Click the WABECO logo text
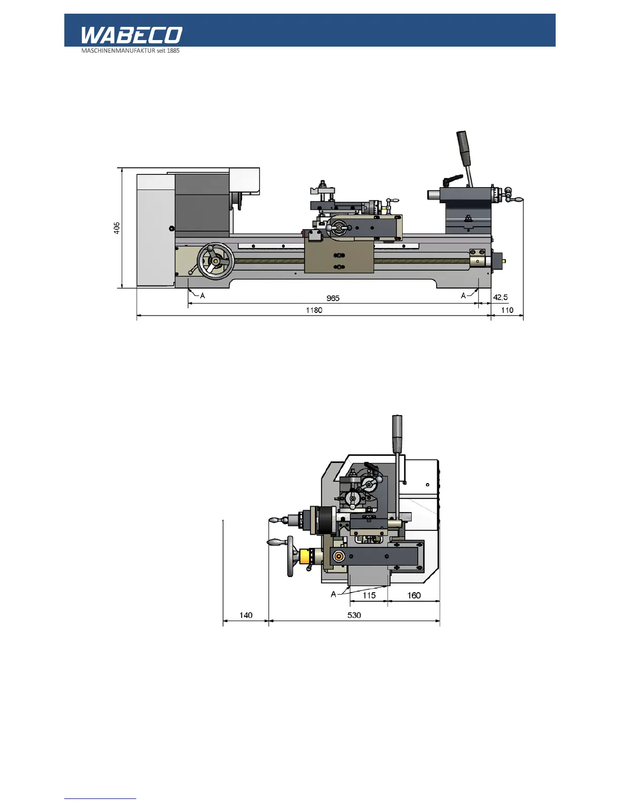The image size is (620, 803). coord(131,35)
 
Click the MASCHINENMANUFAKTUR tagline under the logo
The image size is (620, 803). coord(130,51)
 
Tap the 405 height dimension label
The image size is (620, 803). coord(117,228)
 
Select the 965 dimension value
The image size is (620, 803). coord(333,298)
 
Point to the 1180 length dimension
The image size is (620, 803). coord(314,310)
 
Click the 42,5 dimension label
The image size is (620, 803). coord(500,298)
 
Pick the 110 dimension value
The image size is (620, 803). coord(507,310)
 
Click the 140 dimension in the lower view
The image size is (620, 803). coord(246,615)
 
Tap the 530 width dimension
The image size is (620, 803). coord(354,615)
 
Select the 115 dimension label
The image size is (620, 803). coord(369,595)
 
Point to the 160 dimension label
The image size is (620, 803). coord(414,595)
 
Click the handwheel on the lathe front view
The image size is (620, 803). coord(215,261)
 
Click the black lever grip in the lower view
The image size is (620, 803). coord(397,434)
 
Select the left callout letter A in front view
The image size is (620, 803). coord(203,296)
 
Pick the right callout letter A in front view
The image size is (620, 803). coord(463,296)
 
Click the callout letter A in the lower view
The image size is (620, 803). coord(333,594)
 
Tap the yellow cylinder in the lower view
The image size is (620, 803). coord(305,557)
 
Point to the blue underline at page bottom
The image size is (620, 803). coord(100,798)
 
